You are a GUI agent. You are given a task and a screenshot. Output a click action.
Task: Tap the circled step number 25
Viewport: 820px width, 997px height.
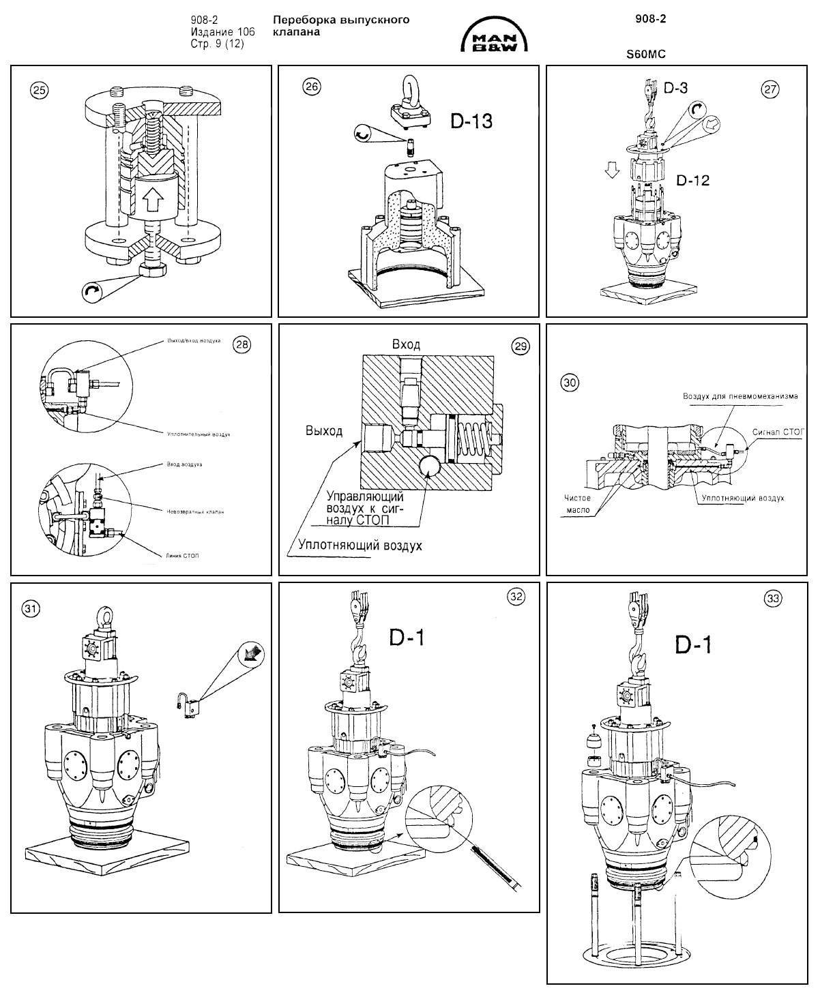point(40,89)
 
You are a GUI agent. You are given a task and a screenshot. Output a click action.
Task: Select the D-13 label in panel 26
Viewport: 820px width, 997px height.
point(471,121)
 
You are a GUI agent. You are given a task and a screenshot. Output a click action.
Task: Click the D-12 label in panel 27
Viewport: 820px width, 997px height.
point(693,181)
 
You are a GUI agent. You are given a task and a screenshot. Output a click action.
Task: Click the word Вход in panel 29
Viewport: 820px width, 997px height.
point(406,344)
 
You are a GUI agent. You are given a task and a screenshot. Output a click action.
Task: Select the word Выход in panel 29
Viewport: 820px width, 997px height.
point(324,432)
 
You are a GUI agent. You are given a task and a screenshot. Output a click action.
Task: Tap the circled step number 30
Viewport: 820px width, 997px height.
point(569,383)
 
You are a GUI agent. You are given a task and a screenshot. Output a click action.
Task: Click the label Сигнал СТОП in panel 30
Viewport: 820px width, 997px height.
point(778,432)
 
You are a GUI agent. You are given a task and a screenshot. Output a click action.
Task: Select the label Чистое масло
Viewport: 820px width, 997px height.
point(578,504)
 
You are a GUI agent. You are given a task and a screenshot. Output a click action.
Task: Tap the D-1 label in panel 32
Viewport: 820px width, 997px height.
point(407,638)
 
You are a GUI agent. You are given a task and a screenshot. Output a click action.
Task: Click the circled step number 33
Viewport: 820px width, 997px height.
point(773,598)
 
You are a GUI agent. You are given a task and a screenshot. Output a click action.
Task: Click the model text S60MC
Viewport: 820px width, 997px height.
point(645,52)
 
